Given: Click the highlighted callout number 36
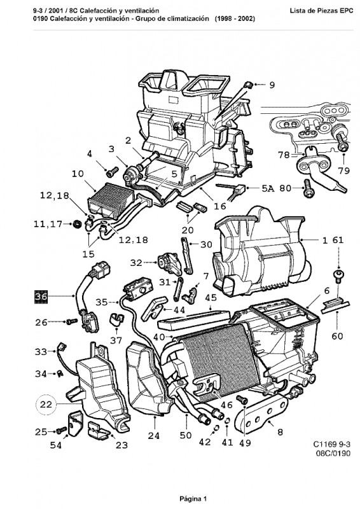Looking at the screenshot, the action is pyautogui.click(x=41, y=296).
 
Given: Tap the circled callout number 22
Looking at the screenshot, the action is pyautogui.click(x=46, y=405).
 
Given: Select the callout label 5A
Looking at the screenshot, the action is pyautogui.click(x=268, y=188).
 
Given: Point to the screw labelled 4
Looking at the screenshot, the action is pyautogui.click(x=113, y=171).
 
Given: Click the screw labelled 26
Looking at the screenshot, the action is pyautogui.click(x=71, y=322).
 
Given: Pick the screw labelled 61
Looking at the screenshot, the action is pyautogui.click(x=338, y=275).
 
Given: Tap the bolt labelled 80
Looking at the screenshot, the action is pyautogui.click(x=307, y=189).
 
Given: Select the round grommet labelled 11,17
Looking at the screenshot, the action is pyautogui.click(x=77, y=224).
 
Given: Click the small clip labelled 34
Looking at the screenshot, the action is pyautogui.click(x=60, y=373).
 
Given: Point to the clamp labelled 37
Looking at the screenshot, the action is pyautogui.click(x=116, y=319).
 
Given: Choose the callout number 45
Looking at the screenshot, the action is pyautogui.click(x=211, y=298).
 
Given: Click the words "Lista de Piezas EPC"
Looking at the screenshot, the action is pyautogui.click(x=321, y=11).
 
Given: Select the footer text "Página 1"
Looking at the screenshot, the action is pyautogui.click(x=193, y=498).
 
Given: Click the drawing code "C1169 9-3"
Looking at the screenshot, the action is pyautogui.click(x=332, y=444).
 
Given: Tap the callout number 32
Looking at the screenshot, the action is pyautogui.click(x=136, y=263).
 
